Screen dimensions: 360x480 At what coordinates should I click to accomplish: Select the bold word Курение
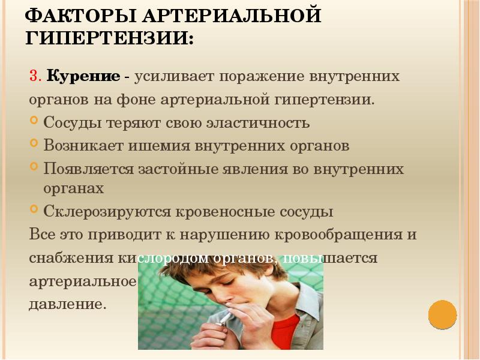coord(83,77)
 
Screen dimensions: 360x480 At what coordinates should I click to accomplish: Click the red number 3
coord(35,77)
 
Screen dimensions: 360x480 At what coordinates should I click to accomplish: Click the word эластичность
coord(257,123)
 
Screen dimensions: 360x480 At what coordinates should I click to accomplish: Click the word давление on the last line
coord(67,304)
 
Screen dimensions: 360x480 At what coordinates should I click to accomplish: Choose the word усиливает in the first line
coord(173,77)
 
